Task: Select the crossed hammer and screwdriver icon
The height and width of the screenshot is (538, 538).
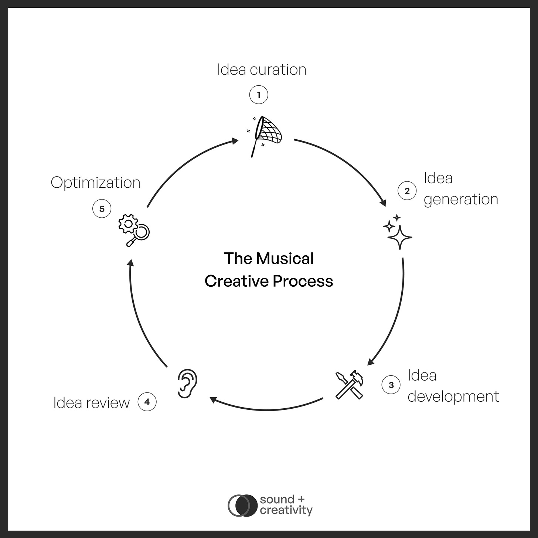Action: click(x=350, y=385)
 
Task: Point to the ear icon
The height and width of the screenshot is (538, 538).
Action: click(x=187, y=383)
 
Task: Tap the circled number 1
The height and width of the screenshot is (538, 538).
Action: click(x=259, y=95)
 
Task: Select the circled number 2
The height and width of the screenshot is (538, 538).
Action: click(x=407, y=191)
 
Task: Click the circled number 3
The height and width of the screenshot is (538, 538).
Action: click(x=391, y=385)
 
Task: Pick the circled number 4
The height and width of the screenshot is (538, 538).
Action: click(x=147, y=402)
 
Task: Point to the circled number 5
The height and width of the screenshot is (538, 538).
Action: click(x=102, y=209)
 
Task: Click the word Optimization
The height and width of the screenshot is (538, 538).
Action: click(x=95, y=183)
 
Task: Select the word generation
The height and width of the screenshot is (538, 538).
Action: click(x=461, y=200)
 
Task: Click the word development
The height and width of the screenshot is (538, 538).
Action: click(x=453, y=396)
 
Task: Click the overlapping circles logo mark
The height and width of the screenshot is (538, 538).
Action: click(x=242, y=505)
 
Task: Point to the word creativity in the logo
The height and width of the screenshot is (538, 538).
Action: click(x=286, y=511)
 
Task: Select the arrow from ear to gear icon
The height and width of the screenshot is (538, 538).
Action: click(x=140, y=314)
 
